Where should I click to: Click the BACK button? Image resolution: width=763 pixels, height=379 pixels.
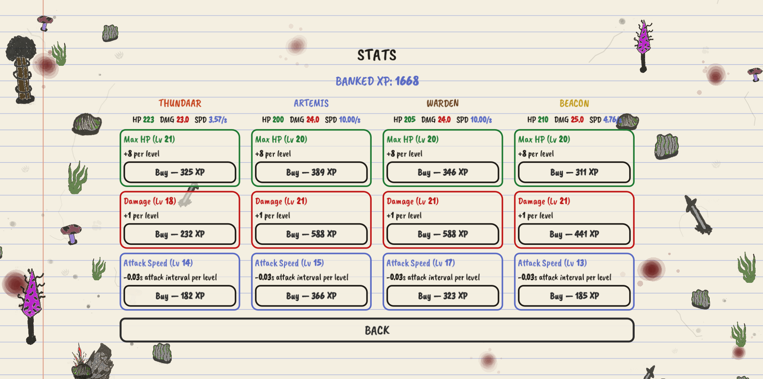[x=377, y=330]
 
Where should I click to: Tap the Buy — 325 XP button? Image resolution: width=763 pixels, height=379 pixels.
[x=180, y=172]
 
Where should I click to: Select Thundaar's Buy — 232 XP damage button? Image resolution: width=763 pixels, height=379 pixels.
[x=180, y=234]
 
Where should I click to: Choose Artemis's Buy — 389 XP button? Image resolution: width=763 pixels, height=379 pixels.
[x=311, y=172]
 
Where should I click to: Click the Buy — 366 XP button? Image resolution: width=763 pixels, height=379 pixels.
[x=311, y=296]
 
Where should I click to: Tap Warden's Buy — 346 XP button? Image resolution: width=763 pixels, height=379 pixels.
[x=443, y=172]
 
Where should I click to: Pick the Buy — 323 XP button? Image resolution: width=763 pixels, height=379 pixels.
[x=443, y=296]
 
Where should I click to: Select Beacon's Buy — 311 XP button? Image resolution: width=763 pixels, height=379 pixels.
[x=574, y=172]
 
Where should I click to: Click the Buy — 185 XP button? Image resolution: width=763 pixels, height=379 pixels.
[x=574, y=296]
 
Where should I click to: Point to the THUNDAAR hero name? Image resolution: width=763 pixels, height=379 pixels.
[x=180, y=103]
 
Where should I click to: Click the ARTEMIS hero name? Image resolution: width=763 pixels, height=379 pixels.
[x=311, y=103]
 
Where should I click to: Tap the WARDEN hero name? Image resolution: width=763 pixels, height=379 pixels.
[x=443, y=103]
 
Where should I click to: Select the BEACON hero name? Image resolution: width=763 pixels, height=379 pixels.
[x=574, y=103]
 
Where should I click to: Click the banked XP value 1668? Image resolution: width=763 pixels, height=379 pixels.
[x=407, y=81]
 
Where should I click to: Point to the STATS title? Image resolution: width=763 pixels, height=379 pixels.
[x=377, y=55]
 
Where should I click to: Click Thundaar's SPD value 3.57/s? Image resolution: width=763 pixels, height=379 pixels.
[x=218, y=120]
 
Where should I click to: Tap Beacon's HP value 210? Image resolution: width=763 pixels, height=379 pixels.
[x=543, y=120]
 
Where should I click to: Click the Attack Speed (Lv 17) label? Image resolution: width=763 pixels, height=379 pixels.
[x=420, y=263]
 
